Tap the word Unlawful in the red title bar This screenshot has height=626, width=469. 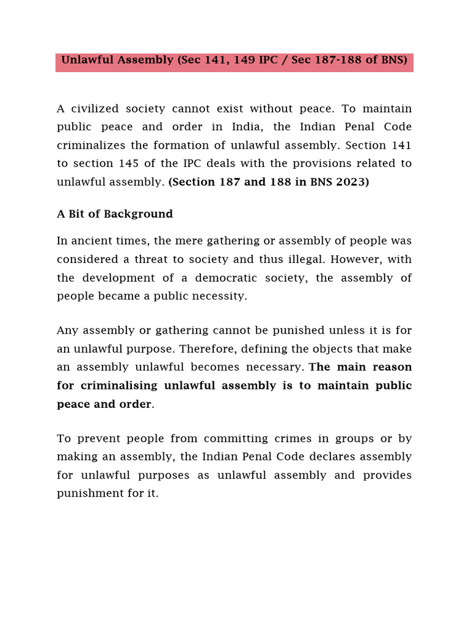click(85, 61)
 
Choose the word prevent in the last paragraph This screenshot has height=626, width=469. click(97, 438)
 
